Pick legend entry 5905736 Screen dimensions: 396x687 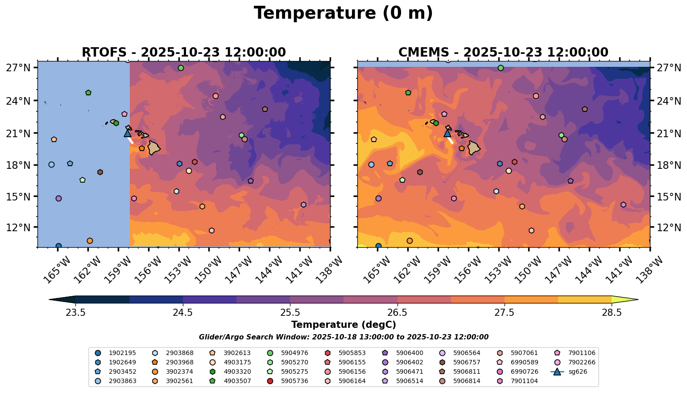tap(294, 381)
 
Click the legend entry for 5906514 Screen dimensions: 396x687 tap(410, 381)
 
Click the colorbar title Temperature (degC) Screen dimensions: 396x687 tap(343, 325)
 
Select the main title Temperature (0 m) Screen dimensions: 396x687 tap(343, 13)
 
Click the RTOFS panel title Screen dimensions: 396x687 tap(184, 52)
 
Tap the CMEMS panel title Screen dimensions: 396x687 tap(503, 52)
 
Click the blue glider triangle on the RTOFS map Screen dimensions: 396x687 tap(127, 133)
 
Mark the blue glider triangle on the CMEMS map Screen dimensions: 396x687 tap(447, 133)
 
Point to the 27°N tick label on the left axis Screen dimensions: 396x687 tap(18, 68)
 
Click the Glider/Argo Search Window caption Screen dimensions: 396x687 tap(343, 337)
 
